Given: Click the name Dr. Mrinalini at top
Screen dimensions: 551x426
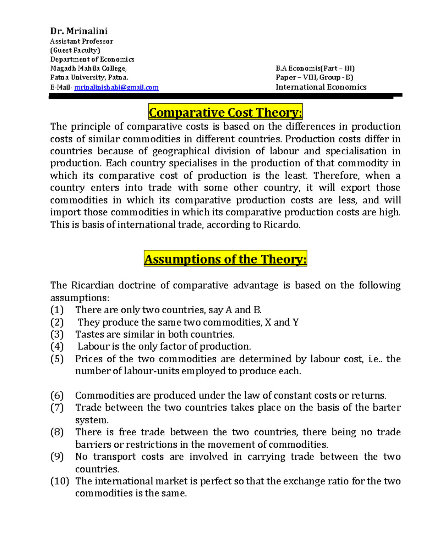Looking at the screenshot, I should [x=78, y=31].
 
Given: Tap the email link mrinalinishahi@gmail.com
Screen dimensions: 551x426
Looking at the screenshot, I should [x=116, y=87].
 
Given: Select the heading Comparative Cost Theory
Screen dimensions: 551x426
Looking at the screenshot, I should [x=225, y=112].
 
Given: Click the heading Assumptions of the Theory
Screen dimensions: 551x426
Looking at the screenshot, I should [x=225, y=259].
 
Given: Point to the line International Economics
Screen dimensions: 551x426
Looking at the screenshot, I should [x=321, y=87].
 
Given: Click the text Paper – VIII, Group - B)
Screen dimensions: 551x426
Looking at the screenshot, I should [x=314, y=77].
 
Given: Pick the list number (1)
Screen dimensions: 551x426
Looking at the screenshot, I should [x=57, y=310].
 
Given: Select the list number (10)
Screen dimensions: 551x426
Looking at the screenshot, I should [x=59, y=481].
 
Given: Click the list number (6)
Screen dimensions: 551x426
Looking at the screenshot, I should [x=57, y=396].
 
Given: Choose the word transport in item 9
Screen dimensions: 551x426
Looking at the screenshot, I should [x=114, y=457].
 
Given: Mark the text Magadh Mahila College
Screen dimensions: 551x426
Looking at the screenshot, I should [x=88, y=68].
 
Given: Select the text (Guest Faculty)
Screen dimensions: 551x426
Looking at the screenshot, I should [x=75, y=50].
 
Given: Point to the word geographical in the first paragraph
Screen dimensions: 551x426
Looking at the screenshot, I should [x=181, y=151].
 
